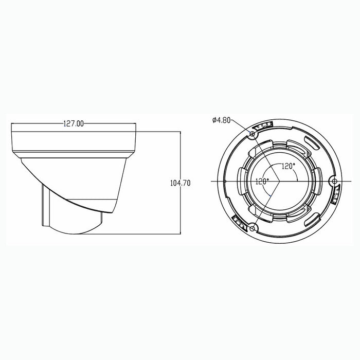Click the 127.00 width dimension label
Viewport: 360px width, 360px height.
(x=74, y=123)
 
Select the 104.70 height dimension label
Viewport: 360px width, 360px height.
(x=179, y=183)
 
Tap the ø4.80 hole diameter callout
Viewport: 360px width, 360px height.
(x=222, y=120)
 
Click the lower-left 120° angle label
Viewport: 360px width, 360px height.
(x=262, y=181)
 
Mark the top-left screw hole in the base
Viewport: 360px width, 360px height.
(x=252, y=134)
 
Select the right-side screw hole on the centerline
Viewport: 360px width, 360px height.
(x=334, y=182)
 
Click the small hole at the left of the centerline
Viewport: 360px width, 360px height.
(x=225, y=182)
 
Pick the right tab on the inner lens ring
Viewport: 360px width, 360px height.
(x=317, y=182)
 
